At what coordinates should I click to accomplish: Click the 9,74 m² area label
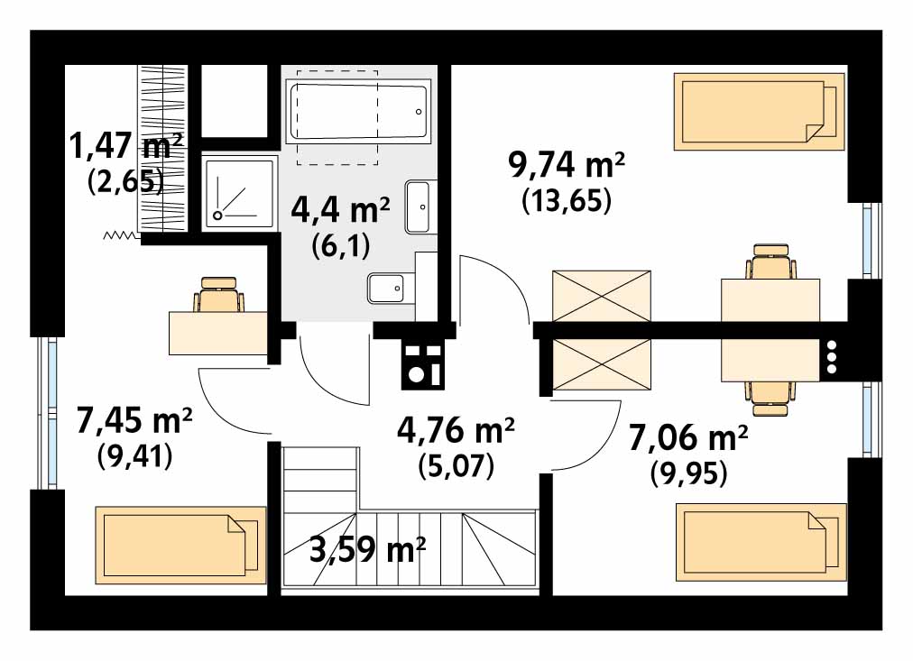tap(567, 165)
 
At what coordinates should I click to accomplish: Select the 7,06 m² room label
tap(688, 437)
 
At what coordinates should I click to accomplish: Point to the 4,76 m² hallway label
tap(456, 430)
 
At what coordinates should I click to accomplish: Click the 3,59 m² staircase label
tap(367, 548)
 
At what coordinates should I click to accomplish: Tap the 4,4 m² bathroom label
tap(341, 209)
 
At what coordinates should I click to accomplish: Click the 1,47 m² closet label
tap(126, 145)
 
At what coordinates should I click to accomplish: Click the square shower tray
tap(239, 192)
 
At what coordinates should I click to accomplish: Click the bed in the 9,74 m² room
tap(760, 111)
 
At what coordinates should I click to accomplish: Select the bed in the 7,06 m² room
tap(761, 542)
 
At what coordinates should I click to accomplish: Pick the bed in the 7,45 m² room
tap(180, 546)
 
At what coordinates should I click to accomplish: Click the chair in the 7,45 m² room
tap(219, 294)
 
